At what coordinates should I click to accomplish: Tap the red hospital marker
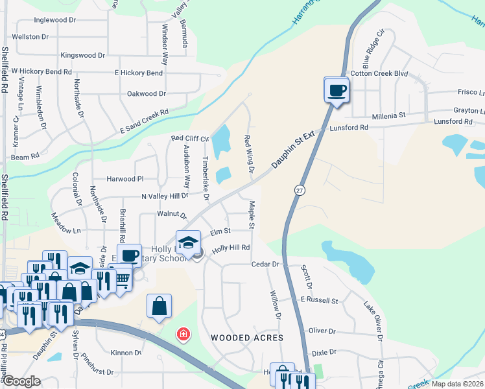pos(184,334)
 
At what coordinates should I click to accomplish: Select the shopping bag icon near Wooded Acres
pos(159,305)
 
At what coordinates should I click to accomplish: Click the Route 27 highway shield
pos(299,189)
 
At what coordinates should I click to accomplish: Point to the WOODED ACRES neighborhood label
pos(247,338)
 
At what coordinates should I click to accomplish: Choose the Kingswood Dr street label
pos(82,56)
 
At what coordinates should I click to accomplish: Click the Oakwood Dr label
pos(142,93)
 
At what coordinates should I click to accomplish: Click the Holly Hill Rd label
pos(231,248)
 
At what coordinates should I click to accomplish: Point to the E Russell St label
pos(319,301)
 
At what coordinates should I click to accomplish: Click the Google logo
pos(21,382)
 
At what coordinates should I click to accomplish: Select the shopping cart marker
pos(122,279)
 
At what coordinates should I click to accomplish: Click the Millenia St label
pos(388,115)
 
